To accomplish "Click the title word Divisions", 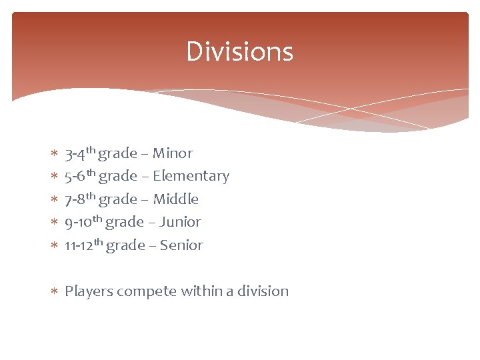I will [x=239, y=51].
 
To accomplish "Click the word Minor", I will [x=173, y=153].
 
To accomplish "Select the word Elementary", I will [x=191, y=176].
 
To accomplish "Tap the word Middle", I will [x=176, y=199].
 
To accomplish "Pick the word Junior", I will [x=180, y=222].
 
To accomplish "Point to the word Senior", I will [x=181, y=245].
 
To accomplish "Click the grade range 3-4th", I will [x=80, y=153].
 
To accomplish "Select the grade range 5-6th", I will [x=80, y=176].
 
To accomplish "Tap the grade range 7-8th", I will [x=80, y=199].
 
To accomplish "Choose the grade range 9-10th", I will [x=83, y=222].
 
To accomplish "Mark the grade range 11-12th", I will [x=83, y=245].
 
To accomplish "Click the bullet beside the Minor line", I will [x=54, y=154].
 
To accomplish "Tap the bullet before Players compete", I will [x=54, y=291].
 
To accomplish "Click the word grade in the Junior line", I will [x=125, y=222].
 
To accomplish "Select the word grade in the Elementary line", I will [x=117, y=176].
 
